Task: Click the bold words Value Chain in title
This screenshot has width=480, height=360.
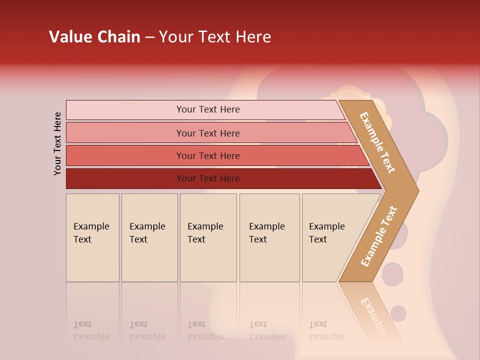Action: click(x=94, y=37)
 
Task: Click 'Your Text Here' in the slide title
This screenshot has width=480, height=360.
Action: click(x=215, y=37)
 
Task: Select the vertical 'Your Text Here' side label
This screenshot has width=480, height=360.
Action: click(x=57, y=143)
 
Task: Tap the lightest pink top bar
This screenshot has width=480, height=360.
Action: click(x=125, y=110)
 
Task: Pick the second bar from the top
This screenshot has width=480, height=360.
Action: click(x=125, y=133)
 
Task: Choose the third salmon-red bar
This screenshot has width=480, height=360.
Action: click(x=125, y=155)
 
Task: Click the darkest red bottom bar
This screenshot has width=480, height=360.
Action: click(x=125, y=178)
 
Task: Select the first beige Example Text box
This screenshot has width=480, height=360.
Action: click(x=92, y=250)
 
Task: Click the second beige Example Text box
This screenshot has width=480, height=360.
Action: click(x=149, y=250)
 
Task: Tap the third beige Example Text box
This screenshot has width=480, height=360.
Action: click(x=208, y=250)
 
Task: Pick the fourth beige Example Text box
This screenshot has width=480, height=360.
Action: click(x=269, y=250)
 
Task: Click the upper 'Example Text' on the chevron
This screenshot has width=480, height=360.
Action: click(x=377, y=142)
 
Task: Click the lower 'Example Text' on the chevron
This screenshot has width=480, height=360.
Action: click(x=378, y=236)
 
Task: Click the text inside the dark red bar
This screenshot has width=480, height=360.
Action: click(x=208, y=178)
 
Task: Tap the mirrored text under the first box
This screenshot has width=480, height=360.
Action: click(x=91, y=330)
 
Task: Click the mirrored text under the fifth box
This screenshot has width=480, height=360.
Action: click(x=326, y=330)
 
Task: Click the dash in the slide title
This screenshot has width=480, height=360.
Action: click(x=149, y=37)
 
